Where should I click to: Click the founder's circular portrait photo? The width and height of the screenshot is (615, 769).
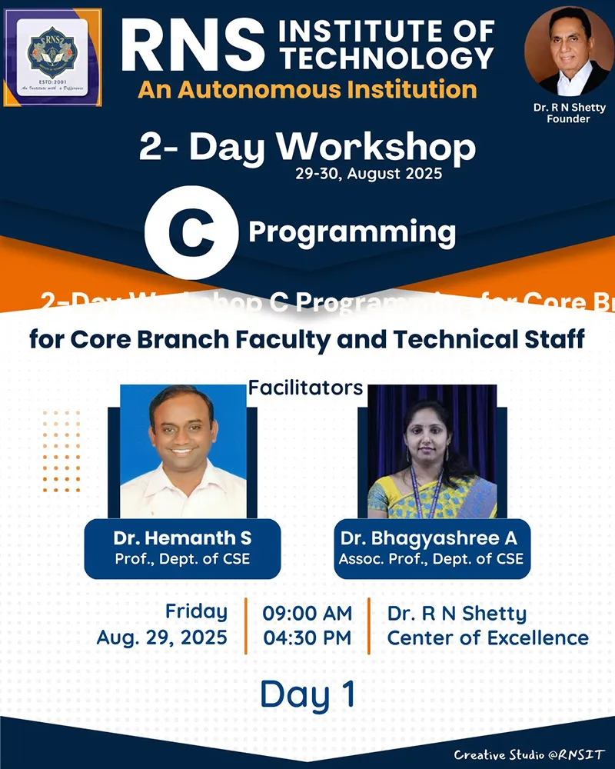click(569, 52)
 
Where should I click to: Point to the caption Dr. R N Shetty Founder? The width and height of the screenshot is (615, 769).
click(569, 113)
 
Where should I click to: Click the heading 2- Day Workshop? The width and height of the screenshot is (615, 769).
click(307, 146)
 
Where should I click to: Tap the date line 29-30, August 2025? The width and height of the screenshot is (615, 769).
click(368, 174)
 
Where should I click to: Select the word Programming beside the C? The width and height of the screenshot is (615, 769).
click(351, 231)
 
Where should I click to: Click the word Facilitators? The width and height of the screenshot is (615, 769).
click(305, 388)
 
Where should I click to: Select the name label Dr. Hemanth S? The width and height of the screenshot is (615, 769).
click(182, 538)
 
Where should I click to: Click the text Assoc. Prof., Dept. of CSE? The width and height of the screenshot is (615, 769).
click(431, 559)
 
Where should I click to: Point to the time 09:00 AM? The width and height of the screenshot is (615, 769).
click(307, 614)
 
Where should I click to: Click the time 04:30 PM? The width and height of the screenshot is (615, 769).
click(307, 638)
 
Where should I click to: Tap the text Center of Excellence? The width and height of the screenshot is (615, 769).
click(487, 638)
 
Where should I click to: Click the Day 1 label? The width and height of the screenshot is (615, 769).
click(307, 694)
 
